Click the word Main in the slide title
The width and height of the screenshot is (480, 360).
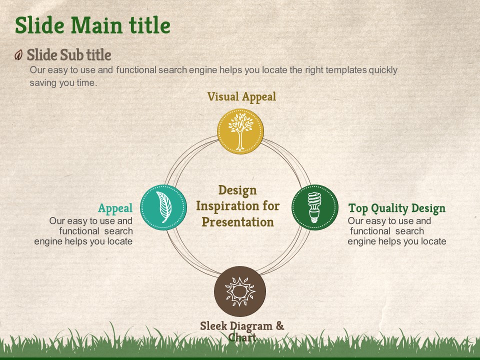(x=96, y=25)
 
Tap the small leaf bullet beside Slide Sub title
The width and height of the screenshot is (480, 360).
(x=18, y=55)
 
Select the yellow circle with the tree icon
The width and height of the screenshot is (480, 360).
(x=240, y=131)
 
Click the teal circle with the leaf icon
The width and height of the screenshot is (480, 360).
(x=163, y=207)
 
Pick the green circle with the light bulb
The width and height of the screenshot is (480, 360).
(x=314, y=207)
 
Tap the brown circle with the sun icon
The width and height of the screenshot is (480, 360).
(x=240, y=291)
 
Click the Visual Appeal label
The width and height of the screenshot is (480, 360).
(x=241, y=97)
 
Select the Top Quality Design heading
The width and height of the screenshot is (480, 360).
(x=396, y=208)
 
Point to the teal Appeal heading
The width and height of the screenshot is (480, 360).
(x=115, y=208)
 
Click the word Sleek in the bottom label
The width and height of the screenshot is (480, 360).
(x=213, y=326)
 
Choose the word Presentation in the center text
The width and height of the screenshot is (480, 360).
(x=238, y=222)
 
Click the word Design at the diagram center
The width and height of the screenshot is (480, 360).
(x=237, y=190)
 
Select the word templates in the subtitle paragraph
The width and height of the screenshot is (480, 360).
(x=346, y=70)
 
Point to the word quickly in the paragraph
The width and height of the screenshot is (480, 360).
(x=383, y=70)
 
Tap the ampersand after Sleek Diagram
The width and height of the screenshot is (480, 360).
(x=280, y=326)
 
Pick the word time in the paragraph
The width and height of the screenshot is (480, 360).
(x=86, y=83)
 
